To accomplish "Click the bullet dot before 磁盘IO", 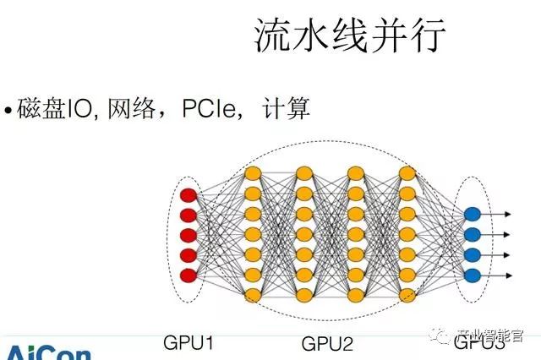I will click(8, 111).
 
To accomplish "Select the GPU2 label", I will click(327, 342).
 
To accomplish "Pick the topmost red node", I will click(189, 196).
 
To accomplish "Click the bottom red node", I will click(189, 274).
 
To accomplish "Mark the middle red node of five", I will click(189, 235).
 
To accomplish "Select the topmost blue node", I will click(472, 215).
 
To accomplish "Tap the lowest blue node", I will click(472, 274).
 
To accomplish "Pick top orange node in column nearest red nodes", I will click(252, 173).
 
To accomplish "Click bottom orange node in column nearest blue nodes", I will click(407, 294).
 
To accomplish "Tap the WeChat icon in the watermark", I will click(442, 338).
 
